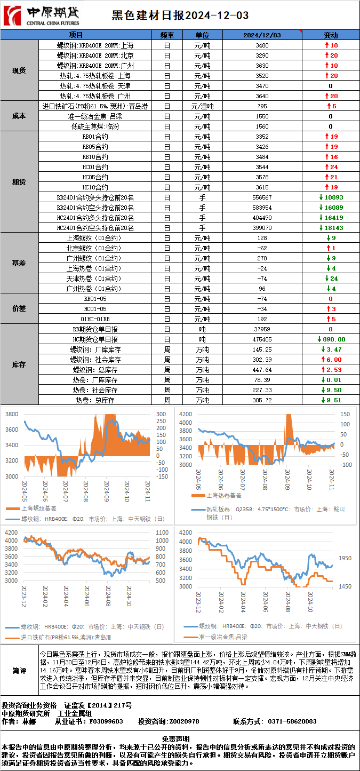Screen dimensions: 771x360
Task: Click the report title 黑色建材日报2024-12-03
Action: [180, 16]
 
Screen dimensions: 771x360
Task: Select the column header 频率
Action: [166, 35]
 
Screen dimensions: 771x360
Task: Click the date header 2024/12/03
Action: [262, 35]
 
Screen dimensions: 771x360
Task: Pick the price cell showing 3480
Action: [262, 45]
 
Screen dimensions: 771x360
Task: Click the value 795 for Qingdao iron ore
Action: [262, 106]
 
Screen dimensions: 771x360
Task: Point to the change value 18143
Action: [331, 228]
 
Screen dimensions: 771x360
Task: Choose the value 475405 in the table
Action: [262, 339]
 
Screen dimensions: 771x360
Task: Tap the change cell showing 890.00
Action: [331, 339]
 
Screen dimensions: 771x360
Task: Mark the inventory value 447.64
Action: [262, 370]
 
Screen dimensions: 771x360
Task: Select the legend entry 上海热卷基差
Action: [213, 496]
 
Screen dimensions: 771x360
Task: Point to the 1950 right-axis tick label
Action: [345, 558]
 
